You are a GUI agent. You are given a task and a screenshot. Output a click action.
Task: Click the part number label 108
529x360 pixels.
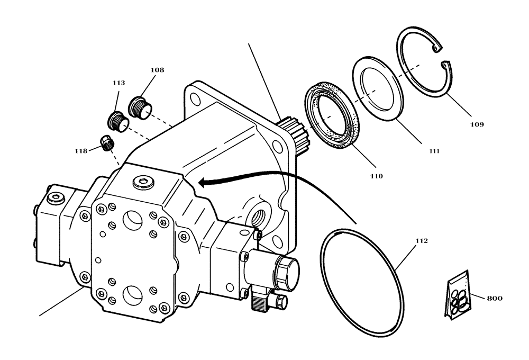tap(157, 69)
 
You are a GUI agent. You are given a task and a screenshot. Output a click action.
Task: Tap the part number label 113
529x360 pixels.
tap(118, 83)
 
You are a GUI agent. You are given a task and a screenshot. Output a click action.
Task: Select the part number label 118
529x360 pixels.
tap(81, 151)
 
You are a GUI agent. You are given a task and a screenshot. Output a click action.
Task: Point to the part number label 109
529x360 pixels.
tap(477, 124)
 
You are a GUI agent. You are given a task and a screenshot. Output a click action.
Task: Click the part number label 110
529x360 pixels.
tap(377, 175)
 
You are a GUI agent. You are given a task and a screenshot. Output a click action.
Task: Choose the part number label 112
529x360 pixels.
tap(421, 241)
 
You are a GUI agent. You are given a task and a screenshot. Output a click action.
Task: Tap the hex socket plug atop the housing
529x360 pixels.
tap(141, 182)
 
